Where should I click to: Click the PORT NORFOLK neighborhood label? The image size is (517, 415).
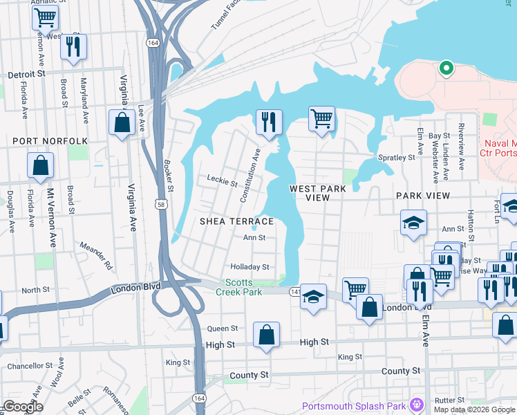50,141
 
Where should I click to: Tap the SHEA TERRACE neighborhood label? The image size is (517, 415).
237,221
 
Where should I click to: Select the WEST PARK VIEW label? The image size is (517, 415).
319,193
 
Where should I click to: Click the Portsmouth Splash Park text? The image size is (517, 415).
354,405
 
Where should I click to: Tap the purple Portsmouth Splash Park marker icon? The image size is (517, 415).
416,404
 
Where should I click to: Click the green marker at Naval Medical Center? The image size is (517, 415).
446,68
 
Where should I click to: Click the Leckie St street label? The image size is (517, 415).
222,181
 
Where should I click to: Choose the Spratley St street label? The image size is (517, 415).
397,157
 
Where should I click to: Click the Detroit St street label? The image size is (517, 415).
26,73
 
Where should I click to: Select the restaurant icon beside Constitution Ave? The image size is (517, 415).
267,122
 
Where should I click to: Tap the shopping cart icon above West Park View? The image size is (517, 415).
321,118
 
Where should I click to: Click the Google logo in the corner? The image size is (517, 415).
23,407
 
